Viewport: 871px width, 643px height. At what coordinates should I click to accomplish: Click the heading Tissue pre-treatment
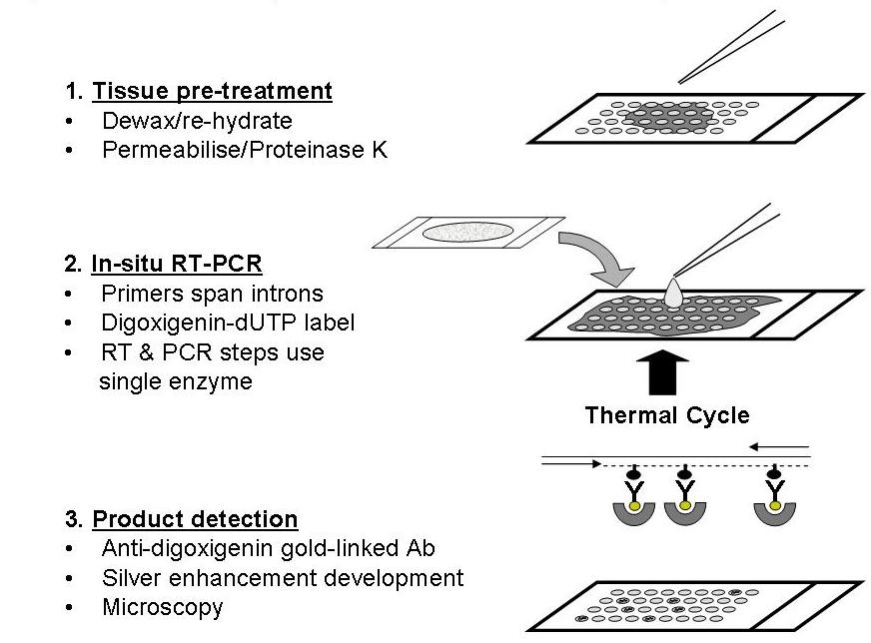point(212,91)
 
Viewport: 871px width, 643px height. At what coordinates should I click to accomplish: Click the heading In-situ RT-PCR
point(177,264)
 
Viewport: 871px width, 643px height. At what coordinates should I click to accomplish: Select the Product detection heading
point(195,519)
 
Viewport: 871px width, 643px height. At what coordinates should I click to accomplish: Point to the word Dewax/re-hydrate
point(197,121)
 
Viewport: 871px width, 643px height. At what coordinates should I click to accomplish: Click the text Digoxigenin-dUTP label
point(228,322)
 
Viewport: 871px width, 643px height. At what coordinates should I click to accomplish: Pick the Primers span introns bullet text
point(212,294)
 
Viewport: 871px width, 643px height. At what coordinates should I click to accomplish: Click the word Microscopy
point(163,607)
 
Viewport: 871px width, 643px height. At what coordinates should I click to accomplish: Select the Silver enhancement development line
point(283,578)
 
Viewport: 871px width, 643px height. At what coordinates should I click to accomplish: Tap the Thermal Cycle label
point(667,415)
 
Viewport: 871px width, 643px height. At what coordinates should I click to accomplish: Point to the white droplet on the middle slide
point(673,293)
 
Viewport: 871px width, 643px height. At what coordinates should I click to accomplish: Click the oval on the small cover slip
point(467,232)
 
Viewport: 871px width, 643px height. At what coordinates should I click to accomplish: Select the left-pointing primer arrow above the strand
point(779,446)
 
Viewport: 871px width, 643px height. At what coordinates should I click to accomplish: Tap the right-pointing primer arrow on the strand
point(571,463)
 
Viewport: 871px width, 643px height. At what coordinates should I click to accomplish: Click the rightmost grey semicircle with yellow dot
point(775,512)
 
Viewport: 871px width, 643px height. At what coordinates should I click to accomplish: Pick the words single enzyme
point(176,382)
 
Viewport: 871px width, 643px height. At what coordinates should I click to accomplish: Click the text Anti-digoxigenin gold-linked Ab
point(269,548)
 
